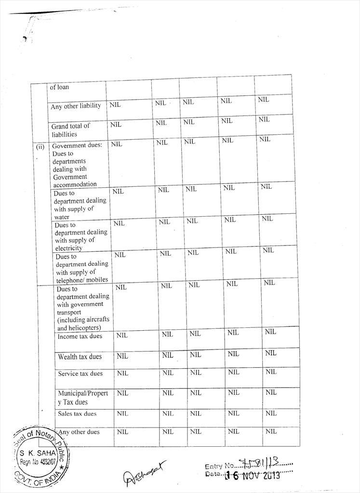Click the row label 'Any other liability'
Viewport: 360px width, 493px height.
[76, 106]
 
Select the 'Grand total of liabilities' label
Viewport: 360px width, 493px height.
[70, 130]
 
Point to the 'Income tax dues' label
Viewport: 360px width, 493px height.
[80, 336]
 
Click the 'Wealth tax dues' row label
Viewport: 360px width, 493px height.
[80, 357]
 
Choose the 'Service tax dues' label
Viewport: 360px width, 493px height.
[80, 374]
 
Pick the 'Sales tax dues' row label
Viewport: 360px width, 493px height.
[77, 414]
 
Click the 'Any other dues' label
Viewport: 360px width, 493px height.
[79, 432]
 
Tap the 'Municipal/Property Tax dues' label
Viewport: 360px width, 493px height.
[83, 397]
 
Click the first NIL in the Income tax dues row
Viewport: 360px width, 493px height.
[122, 336]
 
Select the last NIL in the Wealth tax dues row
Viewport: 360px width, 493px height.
[270, 353]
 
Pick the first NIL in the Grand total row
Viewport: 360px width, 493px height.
[116, 124]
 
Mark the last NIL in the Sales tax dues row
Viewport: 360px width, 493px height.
[271, 413]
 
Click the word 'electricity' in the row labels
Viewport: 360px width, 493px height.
[68, 248]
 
